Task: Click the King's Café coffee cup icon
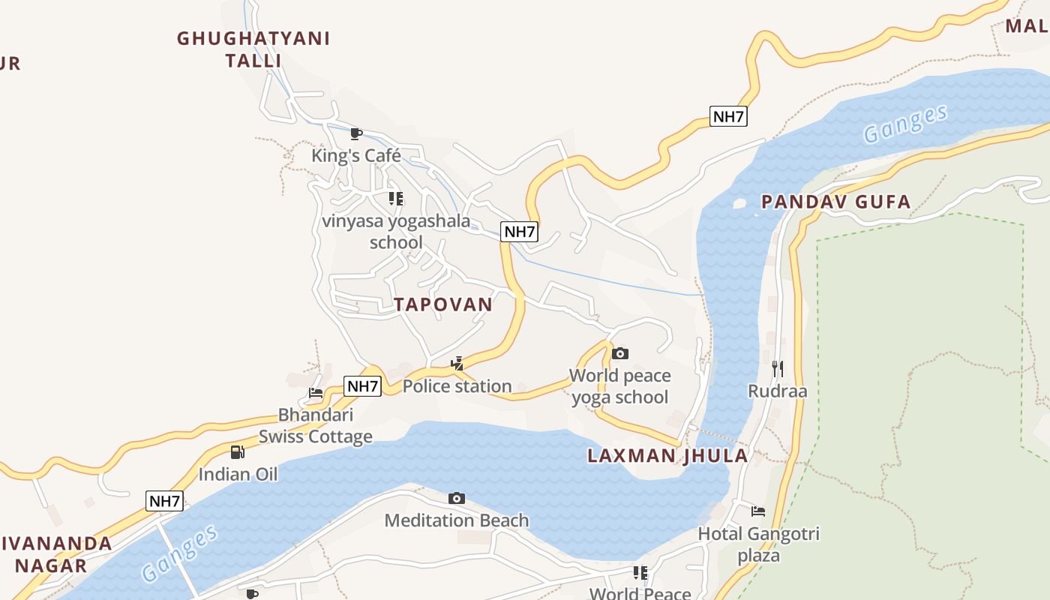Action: click(x=356, y=134)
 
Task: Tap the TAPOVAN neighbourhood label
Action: click(x=443, y=304)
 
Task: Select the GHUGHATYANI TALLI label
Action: click(x=253, y=49)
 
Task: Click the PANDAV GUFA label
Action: click(x=835, y=202)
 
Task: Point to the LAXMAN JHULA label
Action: click(x=667, y=456)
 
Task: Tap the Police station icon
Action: click(x=457, y=364)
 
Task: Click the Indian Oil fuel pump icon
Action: click(x=238, y=451)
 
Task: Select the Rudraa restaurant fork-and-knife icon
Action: click(x=777, y=368)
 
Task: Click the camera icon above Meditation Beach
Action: click(x=457, y=498)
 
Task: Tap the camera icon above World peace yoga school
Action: click(x=619, y=353)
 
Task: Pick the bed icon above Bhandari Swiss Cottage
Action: click(x=316, y=392)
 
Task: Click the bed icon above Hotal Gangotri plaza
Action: click(x=758, y=511)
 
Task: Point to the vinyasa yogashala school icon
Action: click(x=396, y=199)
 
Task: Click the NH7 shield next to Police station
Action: click(x=363, y=386)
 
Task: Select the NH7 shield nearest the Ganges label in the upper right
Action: click(x=728, y=116)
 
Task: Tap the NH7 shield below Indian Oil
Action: click(x=164, y=502)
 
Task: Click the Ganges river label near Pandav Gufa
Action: click(x=904, y=124)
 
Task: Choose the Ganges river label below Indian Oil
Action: click(x=181, y=553)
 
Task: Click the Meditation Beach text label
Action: click(x=457, y=520)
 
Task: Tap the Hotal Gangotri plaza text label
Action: click(x=758, y=544)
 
